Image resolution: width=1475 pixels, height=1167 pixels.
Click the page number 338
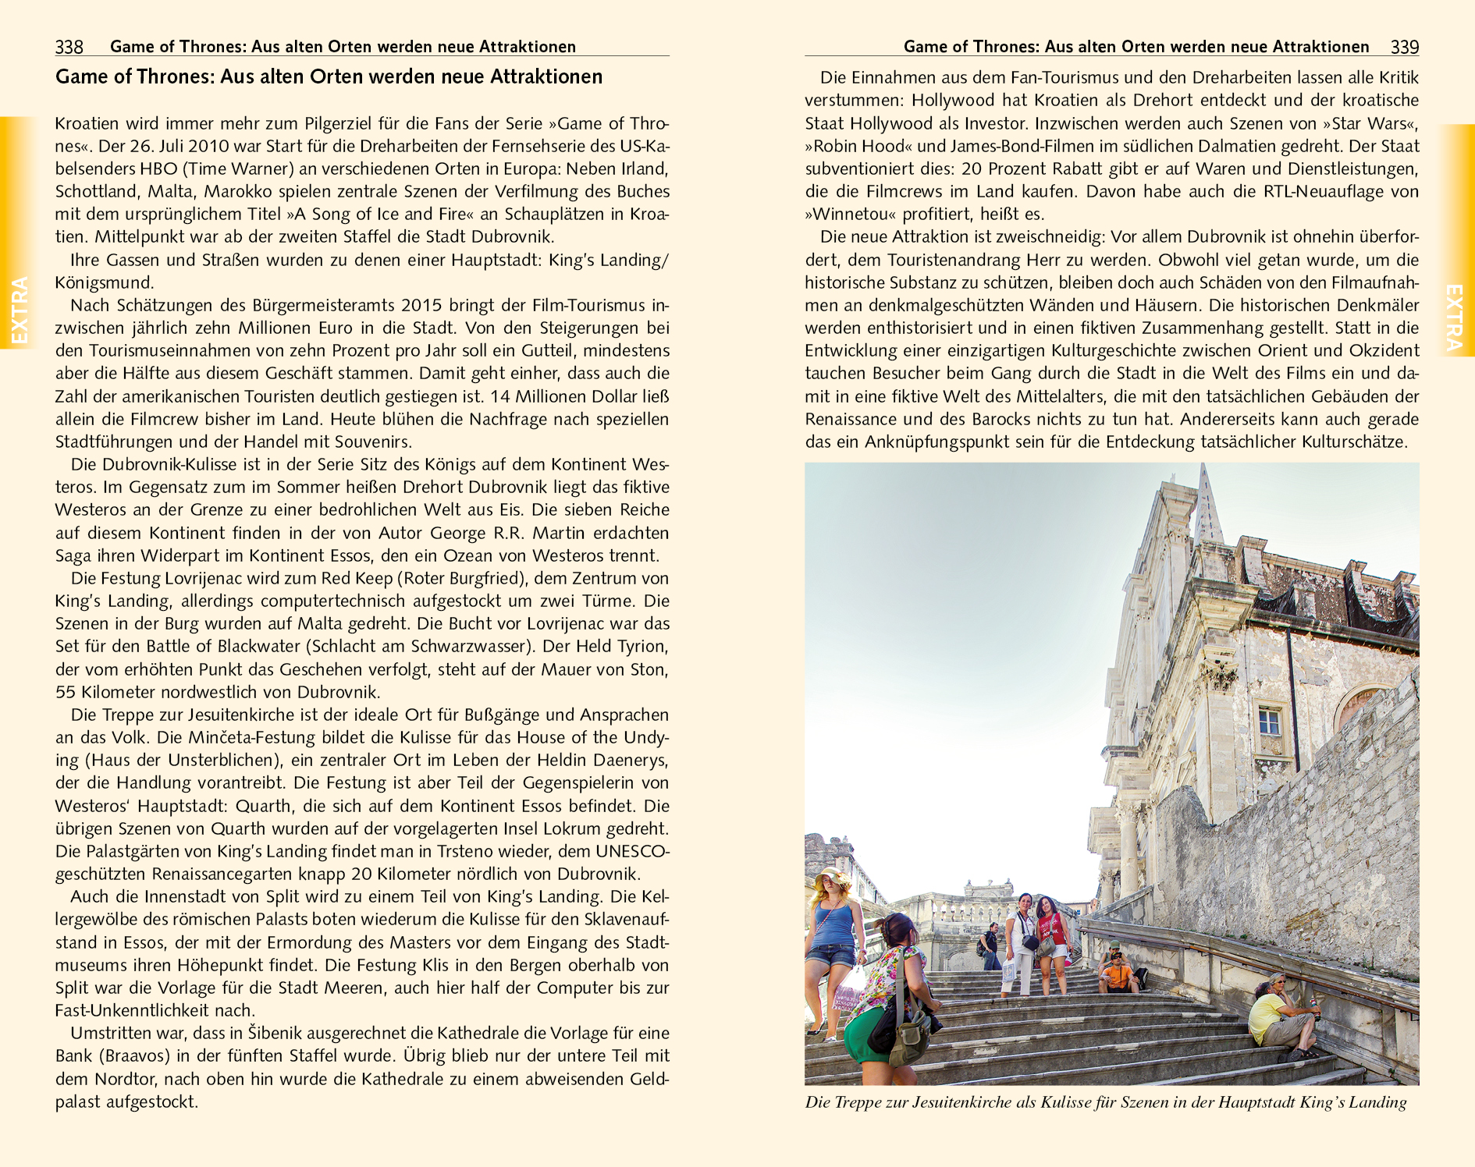click(x=69, y=47)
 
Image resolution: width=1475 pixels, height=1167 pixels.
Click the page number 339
click(x=1404, y=47)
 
